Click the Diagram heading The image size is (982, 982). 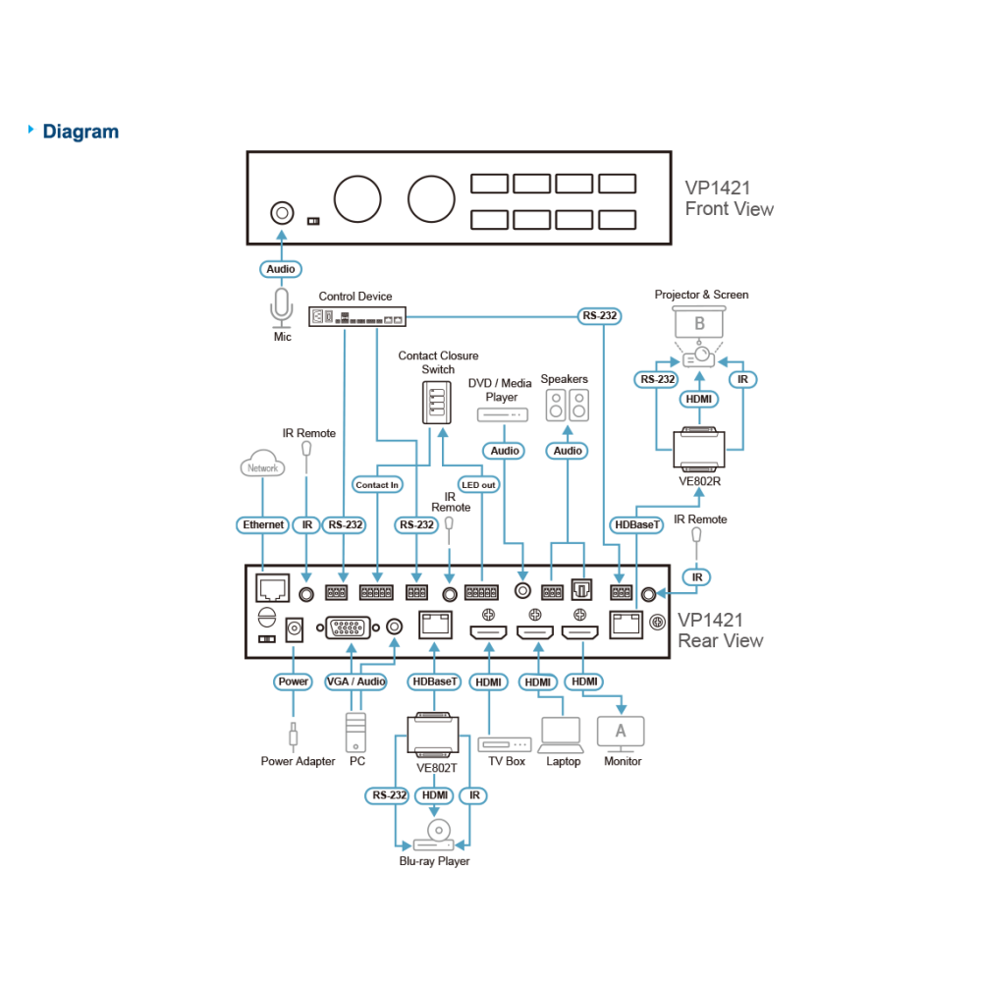pos(81,132)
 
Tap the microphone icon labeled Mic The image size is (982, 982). pos(281,307)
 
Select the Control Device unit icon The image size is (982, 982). pos(357,316)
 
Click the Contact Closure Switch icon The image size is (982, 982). pos(437,402)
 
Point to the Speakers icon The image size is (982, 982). pos(567,406)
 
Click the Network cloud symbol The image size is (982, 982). pos(262,464)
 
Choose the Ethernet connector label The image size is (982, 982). pos(262,524)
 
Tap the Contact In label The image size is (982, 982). pos(377,485)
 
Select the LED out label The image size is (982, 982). pos(478,485)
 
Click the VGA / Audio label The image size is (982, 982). pos(355,682)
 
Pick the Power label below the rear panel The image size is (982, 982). pos(293,682)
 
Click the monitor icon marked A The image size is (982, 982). pos(621,734)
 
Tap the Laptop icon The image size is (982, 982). pos(561,736)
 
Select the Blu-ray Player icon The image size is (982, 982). pos(434,836)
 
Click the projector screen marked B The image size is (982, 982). pos(699,322)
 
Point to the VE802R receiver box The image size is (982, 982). pos(699,449)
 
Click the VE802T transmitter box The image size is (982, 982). pos(433,735)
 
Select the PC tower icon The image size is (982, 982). pos(355,733)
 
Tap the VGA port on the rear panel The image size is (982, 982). pos(349,627)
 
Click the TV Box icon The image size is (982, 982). pos(504,744)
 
